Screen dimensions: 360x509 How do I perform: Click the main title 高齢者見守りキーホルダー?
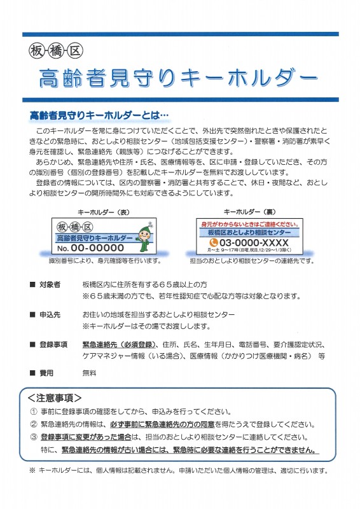(177, 78)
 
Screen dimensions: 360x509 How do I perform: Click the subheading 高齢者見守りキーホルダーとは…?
(99, 115)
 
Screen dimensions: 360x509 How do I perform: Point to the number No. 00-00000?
(90, 248)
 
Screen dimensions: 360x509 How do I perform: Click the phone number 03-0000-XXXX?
(254, 242)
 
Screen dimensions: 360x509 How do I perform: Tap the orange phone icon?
(213, 242)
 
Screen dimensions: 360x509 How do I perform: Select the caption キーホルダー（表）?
(103, 213)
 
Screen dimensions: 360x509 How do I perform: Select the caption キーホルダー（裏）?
(249, 212)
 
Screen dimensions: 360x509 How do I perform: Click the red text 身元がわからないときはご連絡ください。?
(249, 224)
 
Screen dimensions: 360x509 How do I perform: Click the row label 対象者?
(50, 284)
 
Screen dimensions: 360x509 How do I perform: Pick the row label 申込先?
(50, 314)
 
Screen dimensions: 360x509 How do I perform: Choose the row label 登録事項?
(53, 344)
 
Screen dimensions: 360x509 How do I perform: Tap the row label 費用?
(46, 373)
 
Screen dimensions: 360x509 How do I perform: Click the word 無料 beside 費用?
(89, 373)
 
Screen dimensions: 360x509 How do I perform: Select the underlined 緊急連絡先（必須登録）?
(119, 344)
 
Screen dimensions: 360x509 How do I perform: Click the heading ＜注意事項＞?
(55, 398)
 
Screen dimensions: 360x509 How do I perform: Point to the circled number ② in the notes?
(34, 424)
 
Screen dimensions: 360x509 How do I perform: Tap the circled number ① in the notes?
(34, 412)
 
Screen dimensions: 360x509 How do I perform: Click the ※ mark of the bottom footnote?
(32, 470)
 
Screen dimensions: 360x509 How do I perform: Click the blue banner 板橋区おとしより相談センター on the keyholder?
(249, 232)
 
